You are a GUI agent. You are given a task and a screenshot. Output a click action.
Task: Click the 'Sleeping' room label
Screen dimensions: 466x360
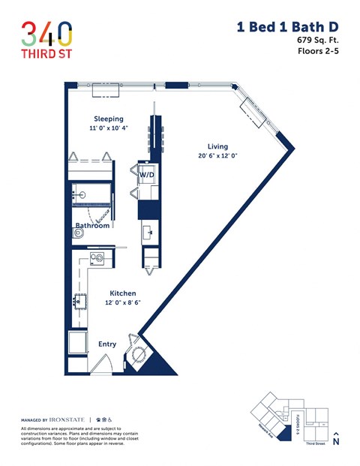point(108,119)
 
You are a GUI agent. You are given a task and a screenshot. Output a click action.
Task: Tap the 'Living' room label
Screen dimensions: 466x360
point(217,146)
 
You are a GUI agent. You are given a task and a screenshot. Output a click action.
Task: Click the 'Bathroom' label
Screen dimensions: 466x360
point(92,225)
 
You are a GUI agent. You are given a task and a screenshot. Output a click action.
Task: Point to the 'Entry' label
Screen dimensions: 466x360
point(107,344)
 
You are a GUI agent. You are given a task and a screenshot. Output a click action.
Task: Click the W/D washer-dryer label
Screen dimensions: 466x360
point(146,175)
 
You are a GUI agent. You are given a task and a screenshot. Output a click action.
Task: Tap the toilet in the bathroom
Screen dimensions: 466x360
point(79,233)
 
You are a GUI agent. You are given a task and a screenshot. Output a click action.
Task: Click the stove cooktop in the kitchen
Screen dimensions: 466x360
point(97,259)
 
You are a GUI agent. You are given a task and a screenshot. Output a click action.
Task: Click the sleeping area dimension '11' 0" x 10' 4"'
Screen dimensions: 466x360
point(108,128)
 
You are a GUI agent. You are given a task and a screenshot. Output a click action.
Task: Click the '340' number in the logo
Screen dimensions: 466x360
point(46,33)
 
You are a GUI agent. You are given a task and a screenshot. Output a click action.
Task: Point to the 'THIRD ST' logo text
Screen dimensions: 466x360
point(46,56)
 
